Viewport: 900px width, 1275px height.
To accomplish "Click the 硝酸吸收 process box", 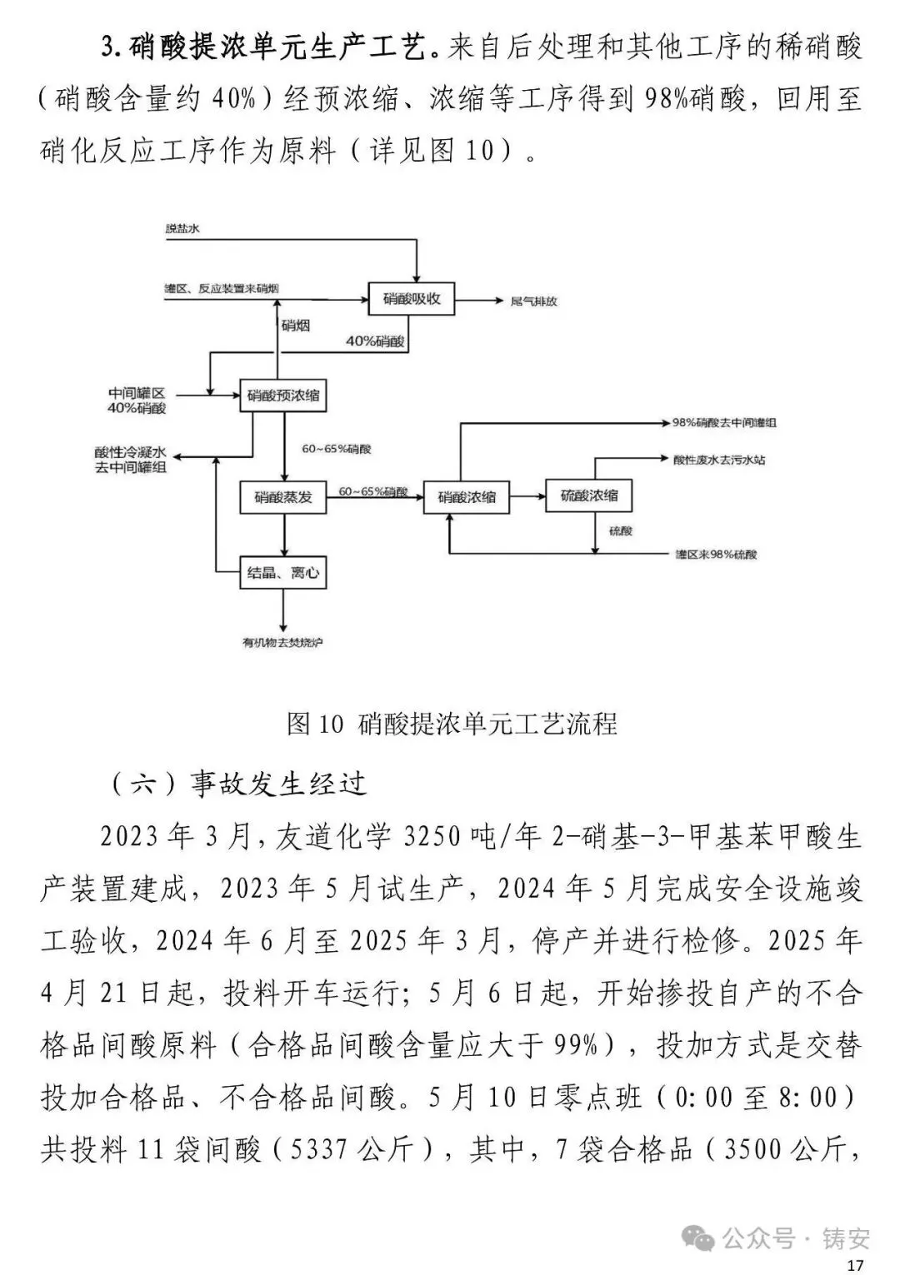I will click(x=412, y=299).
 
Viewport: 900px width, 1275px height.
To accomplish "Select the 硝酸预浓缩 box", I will click(x=282, y=396).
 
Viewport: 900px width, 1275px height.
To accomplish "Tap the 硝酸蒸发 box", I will click(x=282, y=497).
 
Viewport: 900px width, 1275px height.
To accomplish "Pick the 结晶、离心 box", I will click(x=282, y=573).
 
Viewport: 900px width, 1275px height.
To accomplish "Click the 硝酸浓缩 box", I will click(x=466, y=497).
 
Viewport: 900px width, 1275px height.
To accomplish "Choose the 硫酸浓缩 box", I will click(x=588, y=496).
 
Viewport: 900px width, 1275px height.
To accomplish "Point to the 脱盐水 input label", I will click(x=182, y=228).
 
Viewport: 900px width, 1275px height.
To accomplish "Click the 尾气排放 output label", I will click(x=533, y=301).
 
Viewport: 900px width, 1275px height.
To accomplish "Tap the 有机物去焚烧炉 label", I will click(x=282, y=643).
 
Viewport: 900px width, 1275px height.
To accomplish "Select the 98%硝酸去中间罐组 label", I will click(x=724, y=423).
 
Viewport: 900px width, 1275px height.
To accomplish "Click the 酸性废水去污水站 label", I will click(x=719, y=459).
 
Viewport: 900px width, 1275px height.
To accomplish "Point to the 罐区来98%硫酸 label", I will click(x=716, y=555).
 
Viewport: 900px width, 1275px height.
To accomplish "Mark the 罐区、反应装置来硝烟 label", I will click(x=222, y=289).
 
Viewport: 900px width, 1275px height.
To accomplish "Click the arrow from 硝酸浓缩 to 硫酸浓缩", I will click(x=527, y=497).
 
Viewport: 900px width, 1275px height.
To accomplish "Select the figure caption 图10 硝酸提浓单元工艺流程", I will click(x=451, y=724).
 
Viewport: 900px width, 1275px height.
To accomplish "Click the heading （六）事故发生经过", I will click(x=238, y=784).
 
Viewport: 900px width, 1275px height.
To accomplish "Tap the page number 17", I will click(x=855, y=1265).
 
